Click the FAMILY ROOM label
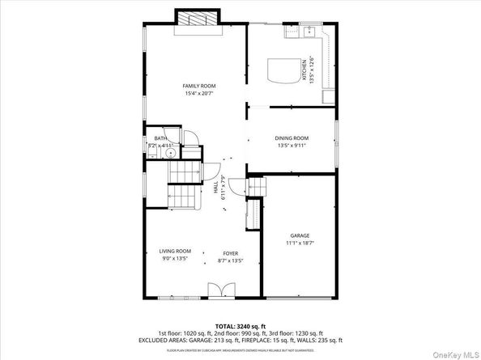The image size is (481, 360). [x=198, y=86]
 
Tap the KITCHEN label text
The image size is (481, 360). [x=304, y=74]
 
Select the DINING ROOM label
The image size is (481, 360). [x=292, y=138]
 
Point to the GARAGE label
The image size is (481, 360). [x=300, y=235]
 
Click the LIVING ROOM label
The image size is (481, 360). [x=174, y=252]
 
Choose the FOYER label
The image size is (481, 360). [x=231, y=252]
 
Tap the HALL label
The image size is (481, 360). [x=215, y=188]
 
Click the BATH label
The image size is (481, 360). [x=160, y=138]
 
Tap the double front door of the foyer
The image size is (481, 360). [x=219, y=289]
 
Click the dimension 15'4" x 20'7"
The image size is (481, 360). [x=198, y=94]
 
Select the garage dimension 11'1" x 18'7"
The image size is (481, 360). [x=300, y=244]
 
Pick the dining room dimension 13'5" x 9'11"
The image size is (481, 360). [x=292, y=146]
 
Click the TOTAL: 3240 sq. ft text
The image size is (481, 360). [x=240, y=324]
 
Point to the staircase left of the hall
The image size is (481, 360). [x=185, y=187]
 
